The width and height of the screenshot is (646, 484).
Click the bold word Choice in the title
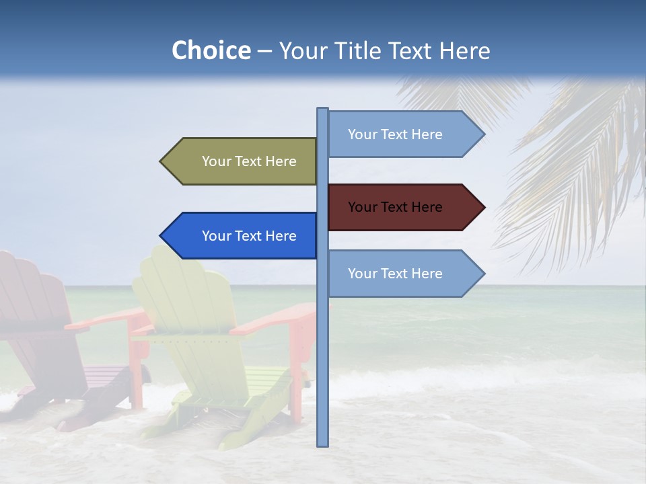point(211,50)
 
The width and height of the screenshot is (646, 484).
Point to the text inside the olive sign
point(249,161)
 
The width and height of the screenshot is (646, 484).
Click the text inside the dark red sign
point(395,207)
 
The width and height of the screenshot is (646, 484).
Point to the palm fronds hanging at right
point(579,168)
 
